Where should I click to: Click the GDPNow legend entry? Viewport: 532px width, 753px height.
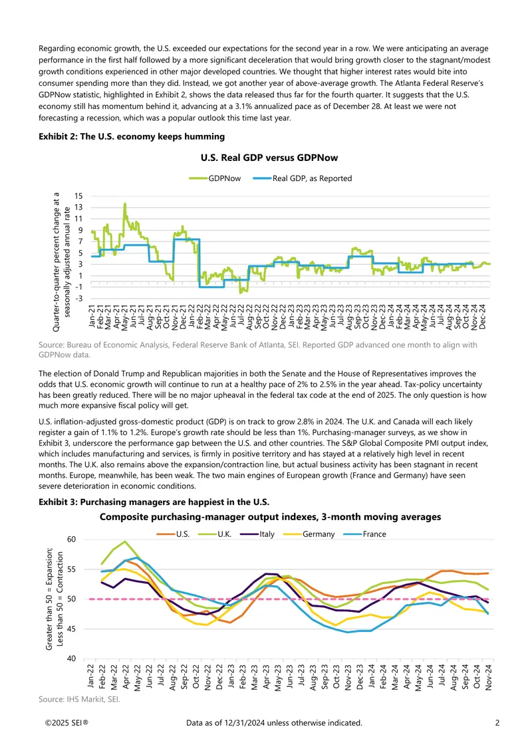click(215, 179)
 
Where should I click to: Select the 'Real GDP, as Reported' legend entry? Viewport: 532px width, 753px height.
click(303, 179)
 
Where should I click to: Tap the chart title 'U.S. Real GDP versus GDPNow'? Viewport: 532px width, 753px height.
click(269, 158)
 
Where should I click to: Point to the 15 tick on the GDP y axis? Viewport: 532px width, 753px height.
click(78, 196)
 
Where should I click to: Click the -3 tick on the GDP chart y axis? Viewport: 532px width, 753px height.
click(78, 298)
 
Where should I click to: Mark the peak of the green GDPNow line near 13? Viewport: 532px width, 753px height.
click(125, 204)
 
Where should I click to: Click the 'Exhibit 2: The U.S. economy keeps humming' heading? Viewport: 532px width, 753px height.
click(132, 136)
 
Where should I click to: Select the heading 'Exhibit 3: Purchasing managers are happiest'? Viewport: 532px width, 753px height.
click(154, 502)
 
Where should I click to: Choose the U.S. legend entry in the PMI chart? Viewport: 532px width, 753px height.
click(173, 534)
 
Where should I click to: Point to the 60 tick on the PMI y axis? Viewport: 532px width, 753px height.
click(72, 539)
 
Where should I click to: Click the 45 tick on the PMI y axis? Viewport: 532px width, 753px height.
click(72, 629)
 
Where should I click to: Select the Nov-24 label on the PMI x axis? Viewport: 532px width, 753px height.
click(488, 677)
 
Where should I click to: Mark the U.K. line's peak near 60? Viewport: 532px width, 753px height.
click(125, 541)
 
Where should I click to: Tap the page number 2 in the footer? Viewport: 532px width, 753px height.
click(497, 723)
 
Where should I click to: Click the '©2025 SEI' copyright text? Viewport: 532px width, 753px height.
click(66, 723)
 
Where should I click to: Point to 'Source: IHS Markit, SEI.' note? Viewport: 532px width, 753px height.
click(79, 699)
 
